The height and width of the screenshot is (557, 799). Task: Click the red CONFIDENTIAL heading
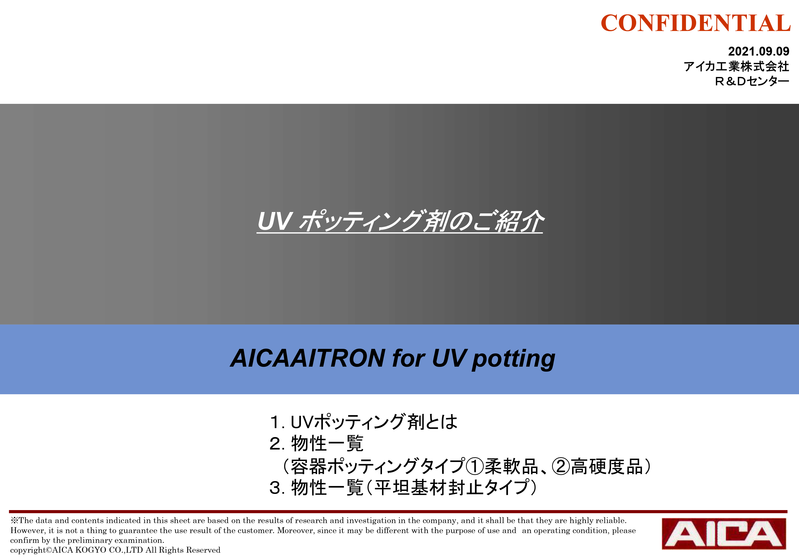[x=696, y=23]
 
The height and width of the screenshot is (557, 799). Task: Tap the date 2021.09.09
[x=759, y=51]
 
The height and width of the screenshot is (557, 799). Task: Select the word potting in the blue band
[x=513, y=359]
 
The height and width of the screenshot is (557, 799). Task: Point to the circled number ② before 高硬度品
[x=561, y=467]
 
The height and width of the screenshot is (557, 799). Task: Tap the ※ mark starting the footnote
[x=14, y=521]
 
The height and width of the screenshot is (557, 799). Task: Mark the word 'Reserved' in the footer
[x=203, y=550]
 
